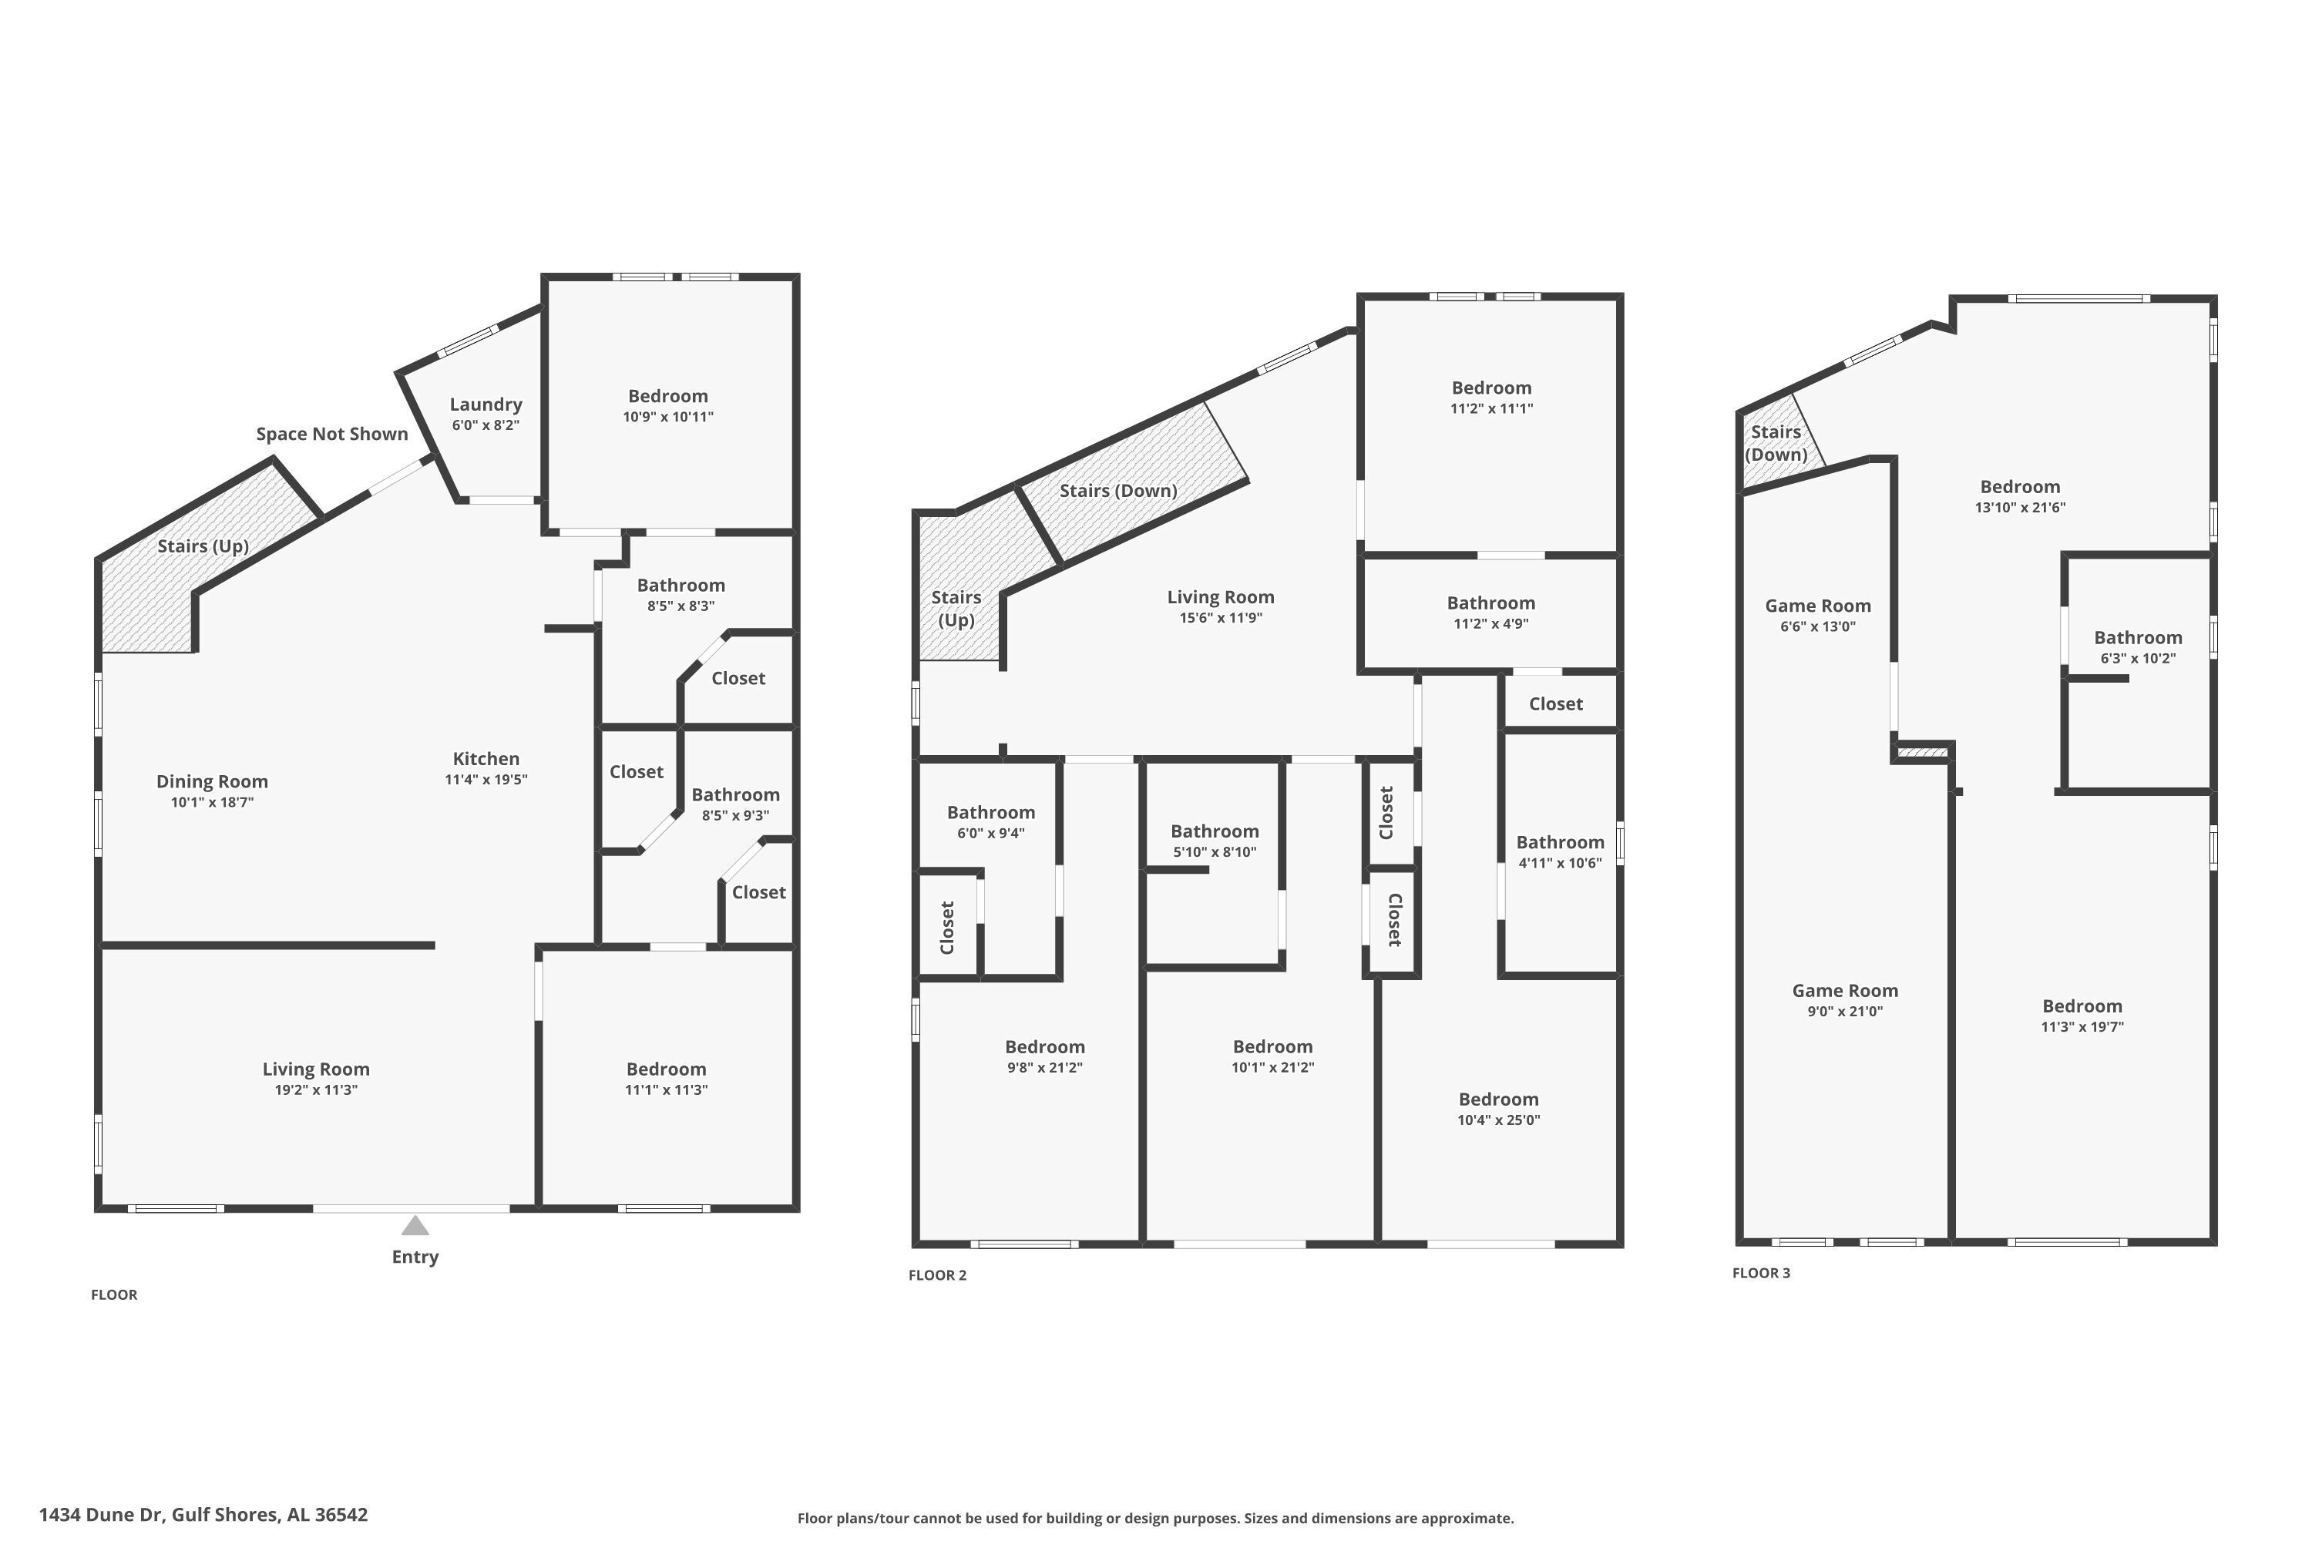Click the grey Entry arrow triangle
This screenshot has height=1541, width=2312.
tap(415, 1226)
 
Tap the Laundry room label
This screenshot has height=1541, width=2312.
tap(486, 404)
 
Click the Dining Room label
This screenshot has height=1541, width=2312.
tap(213, 781)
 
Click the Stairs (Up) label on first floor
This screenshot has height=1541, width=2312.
tap(203, 546)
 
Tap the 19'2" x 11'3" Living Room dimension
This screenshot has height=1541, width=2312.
tap(315, 1090)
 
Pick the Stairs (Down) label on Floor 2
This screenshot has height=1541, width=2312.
tap(1119, 490)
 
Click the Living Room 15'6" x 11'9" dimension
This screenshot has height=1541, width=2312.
tap(1221, 618)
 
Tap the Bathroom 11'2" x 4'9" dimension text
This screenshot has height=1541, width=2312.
tap(1491, 624)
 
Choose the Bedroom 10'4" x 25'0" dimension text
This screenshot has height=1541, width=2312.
tap(1498, 1120)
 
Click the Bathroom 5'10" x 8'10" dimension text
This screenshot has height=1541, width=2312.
tap(1215, 852)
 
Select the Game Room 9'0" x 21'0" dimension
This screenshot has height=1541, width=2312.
tap(1845, 1011)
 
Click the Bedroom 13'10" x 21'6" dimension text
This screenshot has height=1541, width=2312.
tap(2020, 508)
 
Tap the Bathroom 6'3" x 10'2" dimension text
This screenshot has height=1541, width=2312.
tap(2138, 659)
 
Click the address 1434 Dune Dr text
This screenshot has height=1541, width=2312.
tap(100, 1515)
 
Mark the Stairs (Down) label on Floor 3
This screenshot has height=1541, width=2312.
tap(1776, 443)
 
